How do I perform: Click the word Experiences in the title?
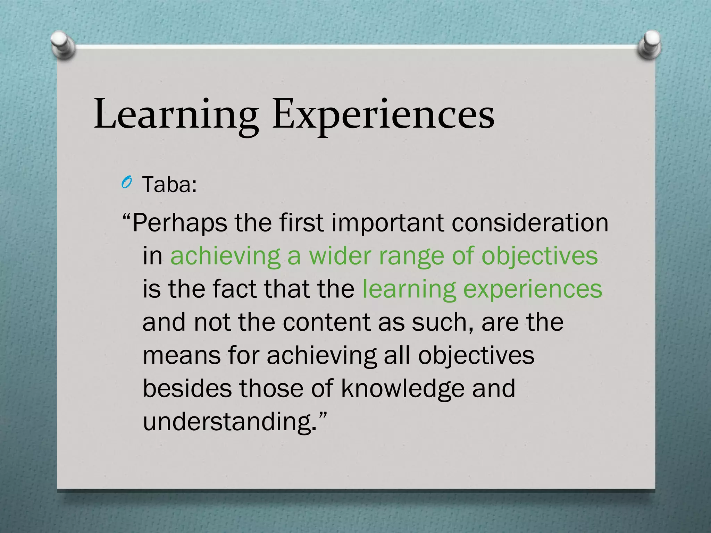[x=383, y=115]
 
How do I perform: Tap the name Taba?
[x=169, y=185]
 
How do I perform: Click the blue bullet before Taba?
[x=126, y=183]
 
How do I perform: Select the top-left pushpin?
[x=62, y=45]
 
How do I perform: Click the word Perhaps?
[x=179, y=223]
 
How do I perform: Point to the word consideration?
[x=530, y=223]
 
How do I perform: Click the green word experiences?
[x=533, y=289]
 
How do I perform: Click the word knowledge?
[x=402, y=388]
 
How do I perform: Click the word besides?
[x=187, y=388]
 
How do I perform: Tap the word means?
[x=182, y=356]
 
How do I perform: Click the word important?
[x=387, y=223]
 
